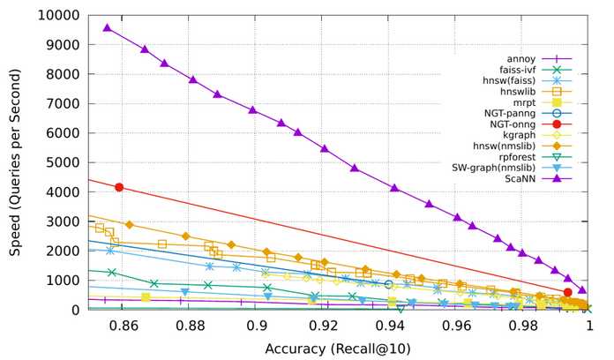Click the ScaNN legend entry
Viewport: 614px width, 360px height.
(520, 179)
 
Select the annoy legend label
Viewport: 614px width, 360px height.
(520, 59)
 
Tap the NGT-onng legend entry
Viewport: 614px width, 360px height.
(513, 124)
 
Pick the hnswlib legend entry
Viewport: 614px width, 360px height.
(518, 92)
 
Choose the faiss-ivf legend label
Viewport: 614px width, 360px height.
(517, 70)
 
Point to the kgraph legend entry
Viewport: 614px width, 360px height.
(520, 135)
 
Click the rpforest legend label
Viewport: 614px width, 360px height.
(517, 157)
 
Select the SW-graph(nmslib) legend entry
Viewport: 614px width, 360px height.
(494, 168)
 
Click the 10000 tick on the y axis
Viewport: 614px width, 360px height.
(59, 15)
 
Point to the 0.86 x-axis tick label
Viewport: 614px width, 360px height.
(124, 326)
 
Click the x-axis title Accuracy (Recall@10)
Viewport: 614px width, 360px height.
(338, 349)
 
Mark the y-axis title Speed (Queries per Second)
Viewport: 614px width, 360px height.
(15, 162)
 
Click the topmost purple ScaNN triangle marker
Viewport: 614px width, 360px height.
(107, 28)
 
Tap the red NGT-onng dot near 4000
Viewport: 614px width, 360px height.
(119, 187)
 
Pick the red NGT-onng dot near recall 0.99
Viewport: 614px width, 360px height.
(567, 292)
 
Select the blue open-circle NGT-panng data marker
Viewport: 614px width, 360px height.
(388, 284)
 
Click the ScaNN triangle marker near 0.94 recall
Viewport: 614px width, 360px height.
(394, 188)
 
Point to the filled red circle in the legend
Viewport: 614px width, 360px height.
(557, 124)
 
